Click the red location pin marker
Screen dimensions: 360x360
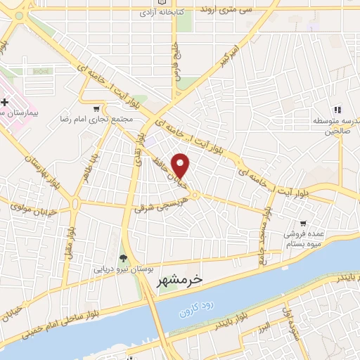click(x=181, y=165)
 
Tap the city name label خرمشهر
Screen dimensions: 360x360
click(x=176, y=279)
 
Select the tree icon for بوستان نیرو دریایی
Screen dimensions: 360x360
click(x=124, y=258)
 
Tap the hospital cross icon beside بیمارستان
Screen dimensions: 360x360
click(x=5, y=103)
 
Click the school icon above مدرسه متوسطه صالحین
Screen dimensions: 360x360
click(x=337, y=109)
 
